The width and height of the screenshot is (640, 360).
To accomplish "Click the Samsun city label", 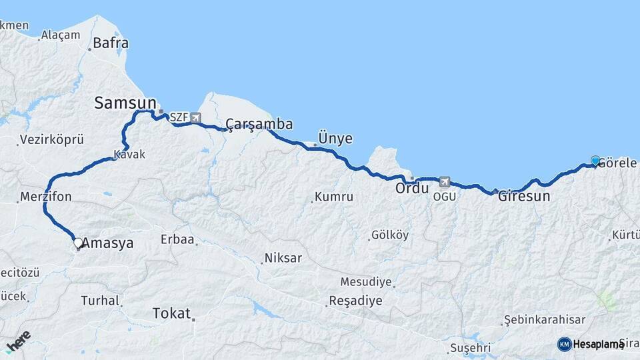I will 125,103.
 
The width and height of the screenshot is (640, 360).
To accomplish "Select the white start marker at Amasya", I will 78,243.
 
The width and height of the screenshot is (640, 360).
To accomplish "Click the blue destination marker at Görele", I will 595,161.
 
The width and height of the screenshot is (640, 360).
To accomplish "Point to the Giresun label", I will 524,196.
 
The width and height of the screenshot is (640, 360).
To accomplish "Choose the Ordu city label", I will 411,189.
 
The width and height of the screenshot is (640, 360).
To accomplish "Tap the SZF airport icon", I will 195,118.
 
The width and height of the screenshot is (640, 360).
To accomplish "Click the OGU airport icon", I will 445,181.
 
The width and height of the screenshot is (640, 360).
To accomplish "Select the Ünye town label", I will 335,139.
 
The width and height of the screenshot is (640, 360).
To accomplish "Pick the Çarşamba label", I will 259,124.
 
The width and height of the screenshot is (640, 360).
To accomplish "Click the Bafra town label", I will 111,43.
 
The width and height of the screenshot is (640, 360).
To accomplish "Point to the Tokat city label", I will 171,313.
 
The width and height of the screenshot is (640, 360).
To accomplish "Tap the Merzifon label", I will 45,197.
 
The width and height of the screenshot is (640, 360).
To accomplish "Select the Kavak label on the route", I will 129,154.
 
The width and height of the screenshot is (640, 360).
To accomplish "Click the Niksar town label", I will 283,258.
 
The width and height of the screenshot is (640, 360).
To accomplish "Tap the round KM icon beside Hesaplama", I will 564,344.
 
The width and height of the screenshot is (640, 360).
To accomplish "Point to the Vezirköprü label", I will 52,140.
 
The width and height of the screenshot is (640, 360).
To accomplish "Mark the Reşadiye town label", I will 355,301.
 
